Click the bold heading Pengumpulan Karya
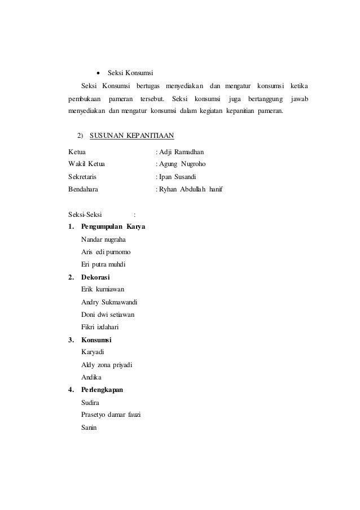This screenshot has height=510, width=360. [113, 227]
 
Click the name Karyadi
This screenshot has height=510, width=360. [93, 352]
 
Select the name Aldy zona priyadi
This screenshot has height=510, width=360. [107, 365]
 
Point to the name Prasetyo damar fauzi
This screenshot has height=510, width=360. [111, 415]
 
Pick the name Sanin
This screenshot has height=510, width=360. [89, 428]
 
